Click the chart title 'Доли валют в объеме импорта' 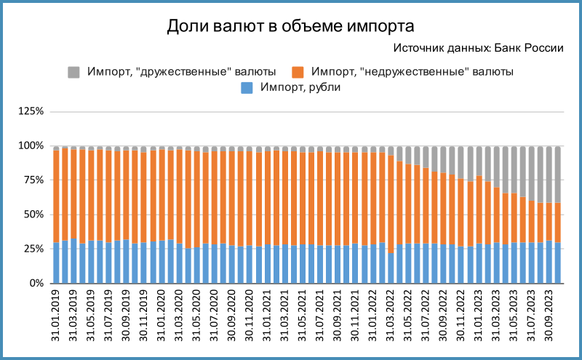(x=291, y=27)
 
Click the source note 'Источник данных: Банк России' (x=478, y=49)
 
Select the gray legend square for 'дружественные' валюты (x=73, y=72)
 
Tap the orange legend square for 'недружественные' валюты (x=298, y=72)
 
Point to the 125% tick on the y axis (x=31, y=112)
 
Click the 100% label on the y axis (x=31, y=146)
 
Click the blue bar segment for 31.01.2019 (x=56, y=263)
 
